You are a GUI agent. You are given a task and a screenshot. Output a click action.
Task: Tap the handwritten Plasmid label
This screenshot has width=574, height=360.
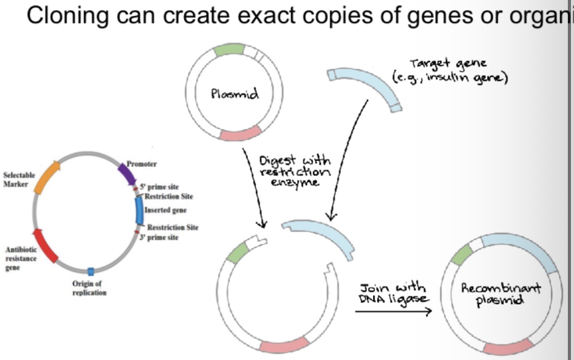(x=235, y=94)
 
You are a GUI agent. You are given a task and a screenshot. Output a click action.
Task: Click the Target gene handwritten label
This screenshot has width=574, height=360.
(x=448, y=71)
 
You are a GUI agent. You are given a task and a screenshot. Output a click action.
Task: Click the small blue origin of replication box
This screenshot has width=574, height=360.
(x=91, y=271)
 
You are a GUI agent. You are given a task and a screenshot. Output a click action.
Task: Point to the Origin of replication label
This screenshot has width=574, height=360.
(x=90, y=289)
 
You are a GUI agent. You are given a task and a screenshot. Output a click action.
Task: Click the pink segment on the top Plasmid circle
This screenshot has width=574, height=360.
(x=241, y=133)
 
